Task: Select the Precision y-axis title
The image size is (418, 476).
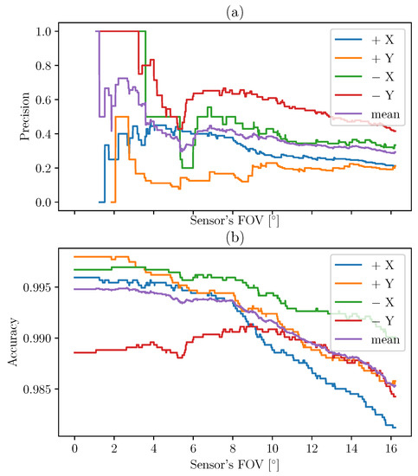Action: (x=11, y=117)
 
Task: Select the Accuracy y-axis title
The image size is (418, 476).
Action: (x=11, y=339)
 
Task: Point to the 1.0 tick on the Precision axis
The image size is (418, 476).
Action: (x=41, y=31)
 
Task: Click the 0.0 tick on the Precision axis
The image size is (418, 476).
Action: (x=41, y=203)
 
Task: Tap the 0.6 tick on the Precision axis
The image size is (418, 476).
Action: (x=41, y=100)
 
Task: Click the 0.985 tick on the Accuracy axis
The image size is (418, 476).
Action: (x=35, y=389)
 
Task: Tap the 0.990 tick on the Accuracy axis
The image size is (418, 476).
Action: (x=35, y=338)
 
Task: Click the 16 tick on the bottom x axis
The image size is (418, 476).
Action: (x=389, y=451)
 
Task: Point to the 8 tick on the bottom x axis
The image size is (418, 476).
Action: (x=232, y=451)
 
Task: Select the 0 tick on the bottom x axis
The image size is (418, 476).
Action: (x=74, y=451)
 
